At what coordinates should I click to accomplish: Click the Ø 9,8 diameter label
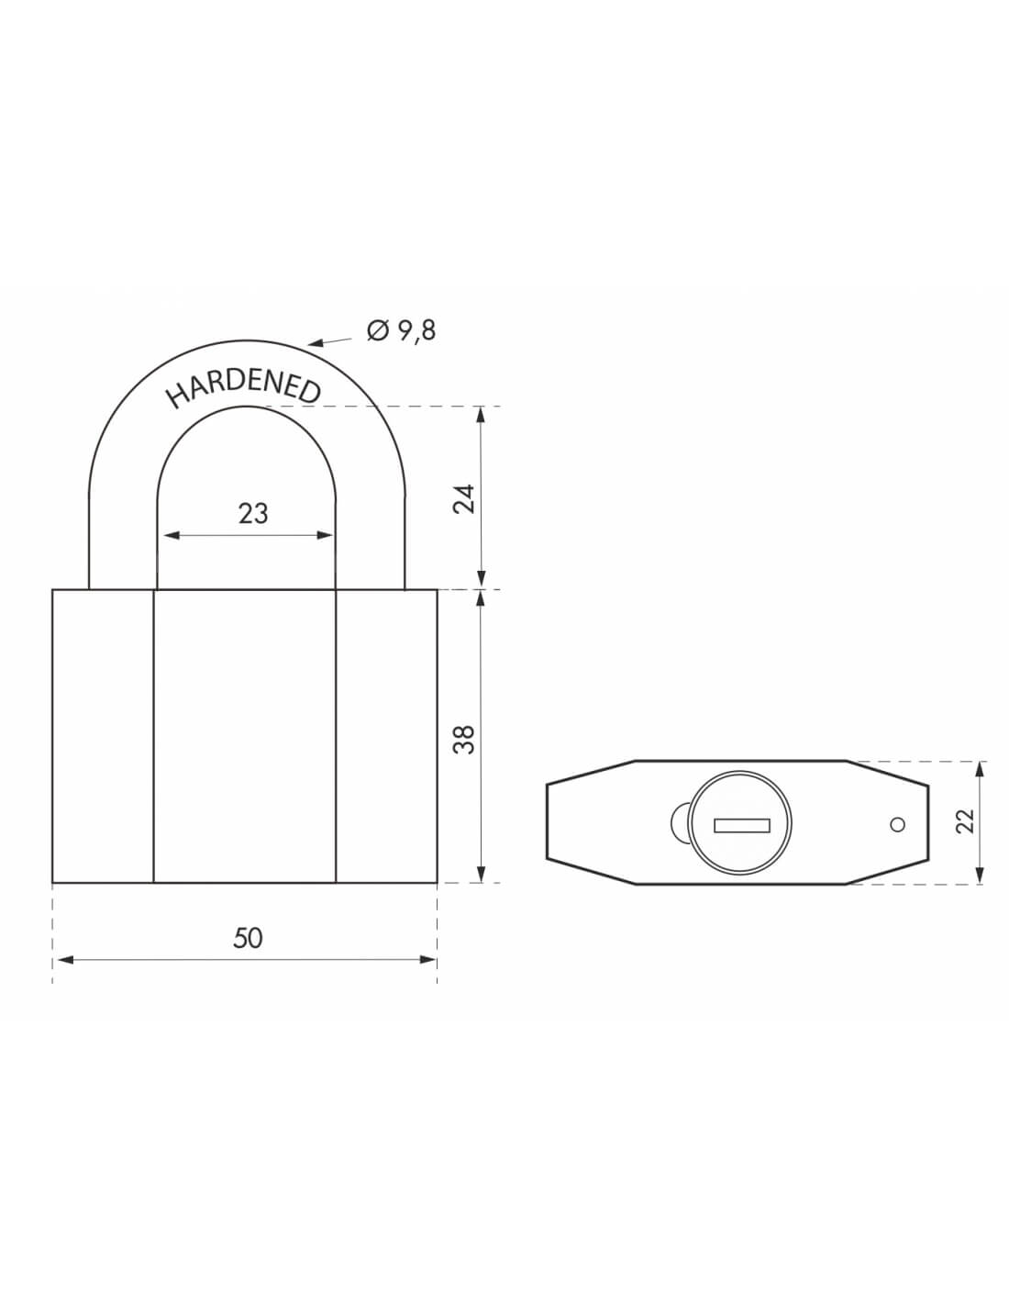point(401,330)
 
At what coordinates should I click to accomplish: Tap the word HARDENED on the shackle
point(243,388)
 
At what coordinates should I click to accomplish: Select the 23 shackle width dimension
point(252,514)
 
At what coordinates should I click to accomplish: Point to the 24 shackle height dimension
point(466,498)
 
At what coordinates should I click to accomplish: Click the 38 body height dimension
point(466,738)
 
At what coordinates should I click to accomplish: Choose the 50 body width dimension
point(248,938)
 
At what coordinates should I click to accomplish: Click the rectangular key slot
point(741,825)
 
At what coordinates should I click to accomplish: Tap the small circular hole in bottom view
point(898,824)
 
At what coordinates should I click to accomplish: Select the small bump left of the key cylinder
point(680,822)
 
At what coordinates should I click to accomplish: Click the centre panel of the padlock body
point(244,736)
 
